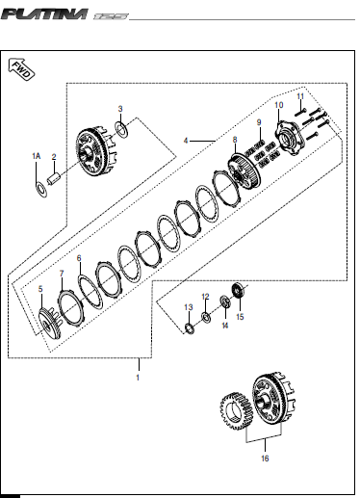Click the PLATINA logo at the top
(x=44, y=14)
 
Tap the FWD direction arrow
(x=21, y=69)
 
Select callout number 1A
(x=37, y=156)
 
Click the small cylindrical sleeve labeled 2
(x=53, y=178)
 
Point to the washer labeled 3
(x=121, y=129)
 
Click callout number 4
(x=186, y=141)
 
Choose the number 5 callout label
(x=40, y=289)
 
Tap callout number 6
(x=79, y=258)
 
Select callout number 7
(x=62, y=274)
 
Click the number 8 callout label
(x=235, y=140)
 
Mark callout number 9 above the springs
(x=259, y=122)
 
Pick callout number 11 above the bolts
(x=300, y=96)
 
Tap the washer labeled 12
(x=206, y=317)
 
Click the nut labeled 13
(x=190, y=328)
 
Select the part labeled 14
(x=225, y=301)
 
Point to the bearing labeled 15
(x=238, y=290)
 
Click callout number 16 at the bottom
(x=265, y=459)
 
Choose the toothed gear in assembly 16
(x=236, y=410)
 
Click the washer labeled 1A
(x=41, y=190)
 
